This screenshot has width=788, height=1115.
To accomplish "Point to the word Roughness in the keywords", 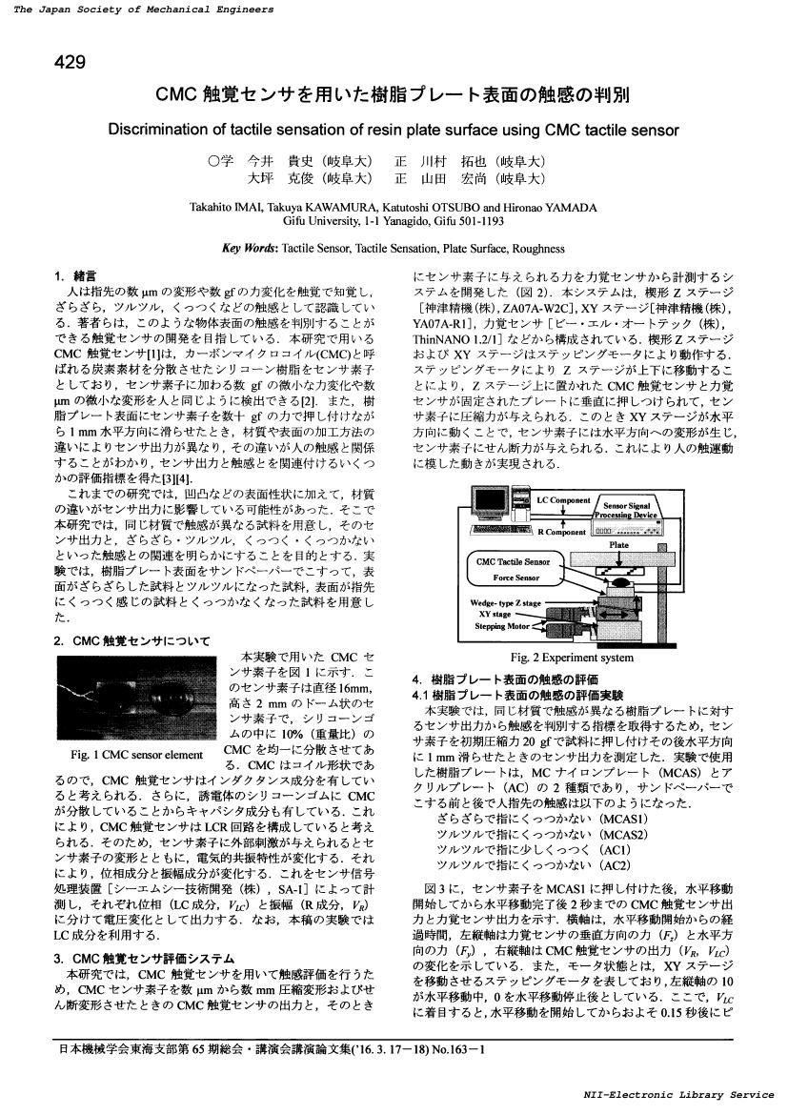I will tap(539, 249).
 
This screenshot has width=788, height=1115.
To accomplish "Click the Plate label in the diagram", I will tap(618, 545).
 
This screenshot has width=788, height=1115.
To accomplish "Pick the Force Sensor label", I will tap(515, 578).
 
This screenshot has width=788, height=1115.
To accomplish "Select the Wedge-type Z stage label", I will tap(505, 603).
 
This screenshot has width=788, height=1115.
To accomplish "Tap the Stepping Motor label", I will tap(503, 626).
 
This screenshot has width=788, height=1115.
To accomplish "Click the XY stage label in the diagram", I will tap(496, 615).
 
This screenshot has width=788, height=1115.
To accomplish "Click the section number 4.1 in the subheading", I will tap(421, 695).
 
